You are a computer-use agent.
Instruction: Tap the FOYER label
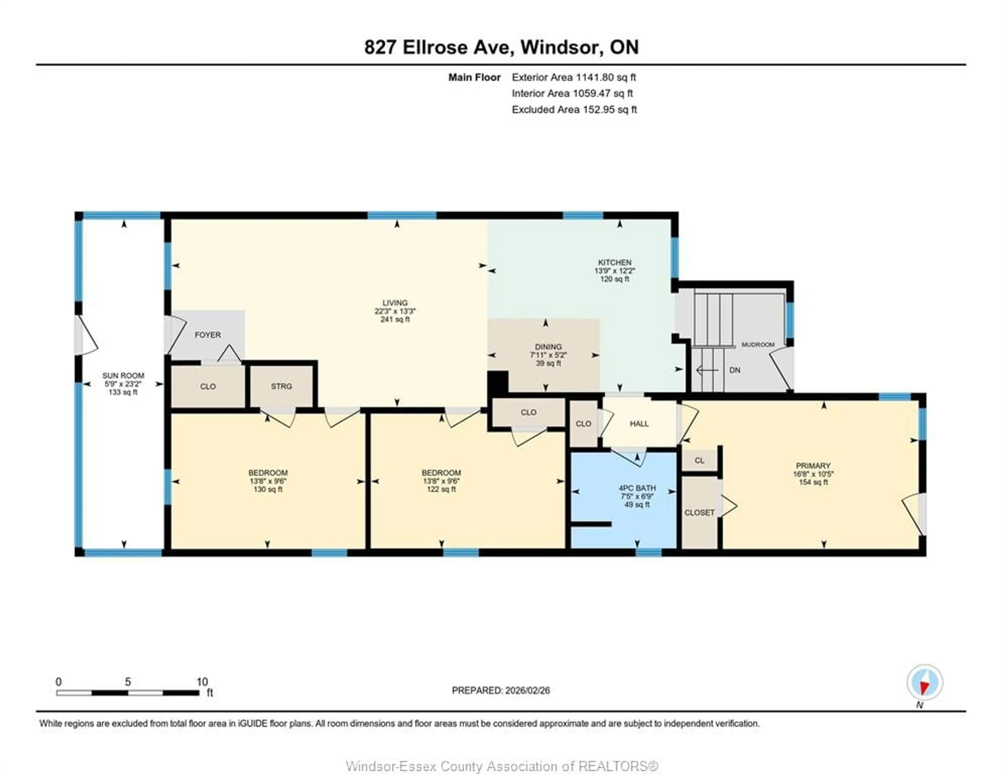[208, 335]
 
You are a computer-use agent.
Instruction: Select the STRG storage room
[281, 386]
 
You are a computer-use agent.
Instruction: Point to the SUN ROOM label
[123, 376]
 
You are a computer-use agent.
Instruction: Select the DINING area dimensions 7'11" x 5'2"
[548, 355]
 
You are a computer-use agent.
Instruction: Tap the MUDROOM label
[758, 345]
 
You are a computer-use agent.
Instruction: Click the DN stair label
[735, 370]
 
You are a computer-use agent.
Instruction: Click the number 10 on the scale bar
[202, 682]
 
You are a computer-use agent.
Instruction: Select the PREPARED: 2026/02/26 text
[500, 691]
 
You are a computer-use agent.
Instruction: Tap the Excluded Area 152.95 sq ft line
[574, 110]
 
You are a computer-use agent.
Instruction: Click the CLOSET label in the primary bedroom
[699, 513]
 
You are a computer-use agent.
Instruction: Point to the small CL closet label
[699, 460]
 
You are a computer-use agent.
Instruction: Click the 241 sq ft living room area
[395, 319]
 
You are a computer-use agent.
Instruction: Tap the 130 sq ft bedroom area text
[268, 490]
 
